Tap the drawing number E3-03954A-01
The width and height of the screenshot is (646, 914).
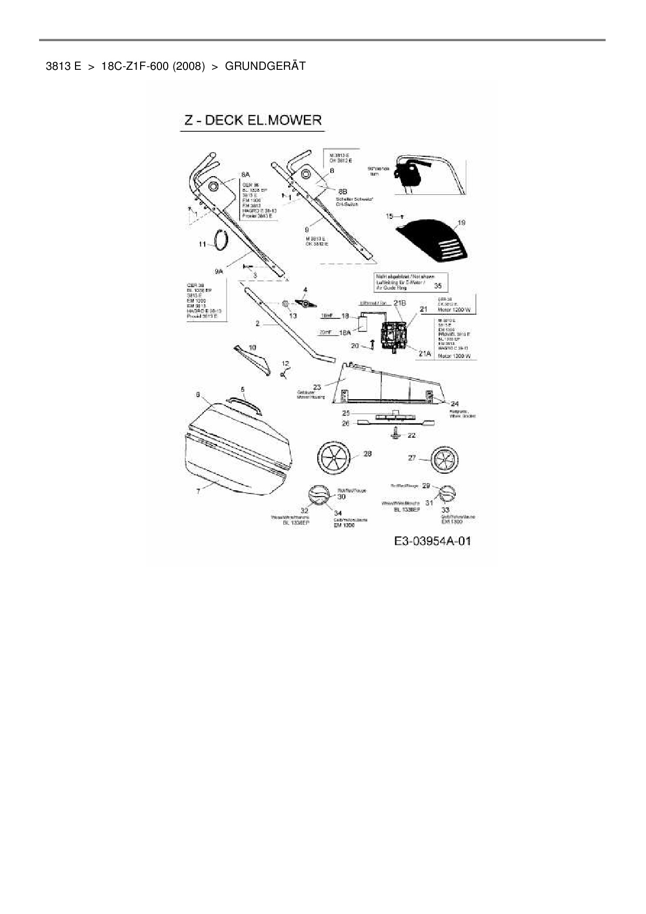pos(432,541)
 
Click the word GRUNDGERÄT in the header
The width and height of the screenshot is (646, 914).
pos(265,66)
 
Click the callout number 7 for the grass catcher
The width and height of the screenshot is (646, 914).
pos(198,491)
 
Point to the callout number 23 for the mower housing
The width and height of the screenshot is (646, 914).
pos(316,386)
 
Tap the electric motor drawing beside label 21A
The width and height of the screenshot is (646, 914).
pos(393,334)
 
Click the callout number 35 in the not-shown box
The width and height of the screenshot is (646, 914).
pos(438,286)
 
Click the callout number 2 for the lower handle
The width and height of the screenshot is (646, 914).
pos(257,324)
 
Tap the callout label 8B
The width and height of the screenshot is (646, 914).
pos(343,191)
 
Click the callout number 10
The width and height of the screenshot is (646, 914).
pos(252,347)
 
